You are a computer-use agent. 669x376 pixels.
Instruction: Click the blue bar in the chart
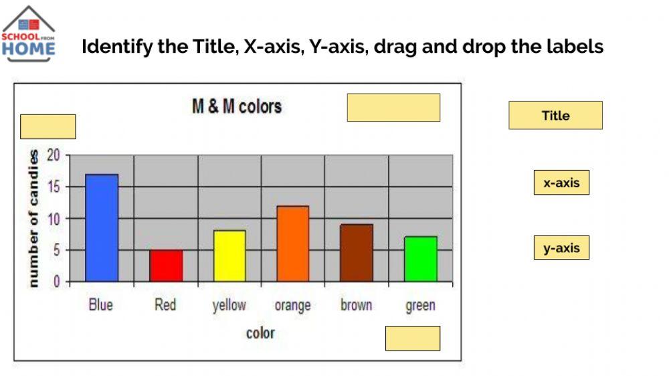(x=102, y=227)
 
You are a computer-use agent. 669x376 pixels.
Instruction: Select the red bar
(x=165, y=266)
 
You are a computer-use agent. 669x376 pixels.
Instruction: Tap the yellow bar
(x=229, y=256)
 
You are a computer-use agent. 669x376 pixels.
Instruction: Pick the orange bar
(x=293, y=244)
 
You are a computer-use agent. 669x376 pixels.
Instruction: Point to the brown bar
(x=357, y=253)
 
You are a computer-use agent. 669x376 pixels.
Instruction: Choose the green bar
(x=421, y=259)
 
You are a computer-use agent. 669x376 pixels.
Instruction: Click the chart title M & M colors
(x=237, y=106)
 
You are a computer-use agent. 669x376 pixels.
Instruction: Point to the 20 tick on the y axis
(x=54, y=156)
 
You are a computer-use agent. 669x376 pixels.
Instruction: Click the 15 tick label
(x=54, y=187)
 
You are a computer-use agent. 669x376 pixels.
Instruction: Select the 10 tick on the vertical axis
(x=54, y=219)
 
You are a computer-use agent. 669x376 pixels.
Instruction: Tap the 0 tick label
(x=57, y=282)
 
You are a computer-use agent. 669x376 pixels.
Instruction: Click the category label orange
(x=293, y=306)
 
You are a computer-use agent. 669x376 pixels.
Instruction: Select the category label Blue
(x=101, y=305)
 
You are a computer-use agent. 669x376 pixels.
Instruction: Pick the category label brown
(x=357, y=305)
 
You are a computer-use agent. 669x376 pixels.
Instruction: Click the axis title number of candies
(x=32, y=219)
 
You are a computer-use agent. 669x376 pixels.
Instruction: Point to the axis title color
(x=260, y=333)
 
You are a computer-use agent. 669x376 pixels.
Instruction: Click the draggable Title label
(x=555, y=115)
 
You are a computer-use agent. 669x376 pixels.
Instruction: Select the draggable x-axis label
(x=561, y=183)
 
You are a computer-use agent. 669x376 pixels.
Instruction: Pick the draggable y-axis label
(x=561, y=248)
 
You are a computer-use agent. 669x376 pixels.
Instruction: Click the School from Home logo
(x=28, y=35)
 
